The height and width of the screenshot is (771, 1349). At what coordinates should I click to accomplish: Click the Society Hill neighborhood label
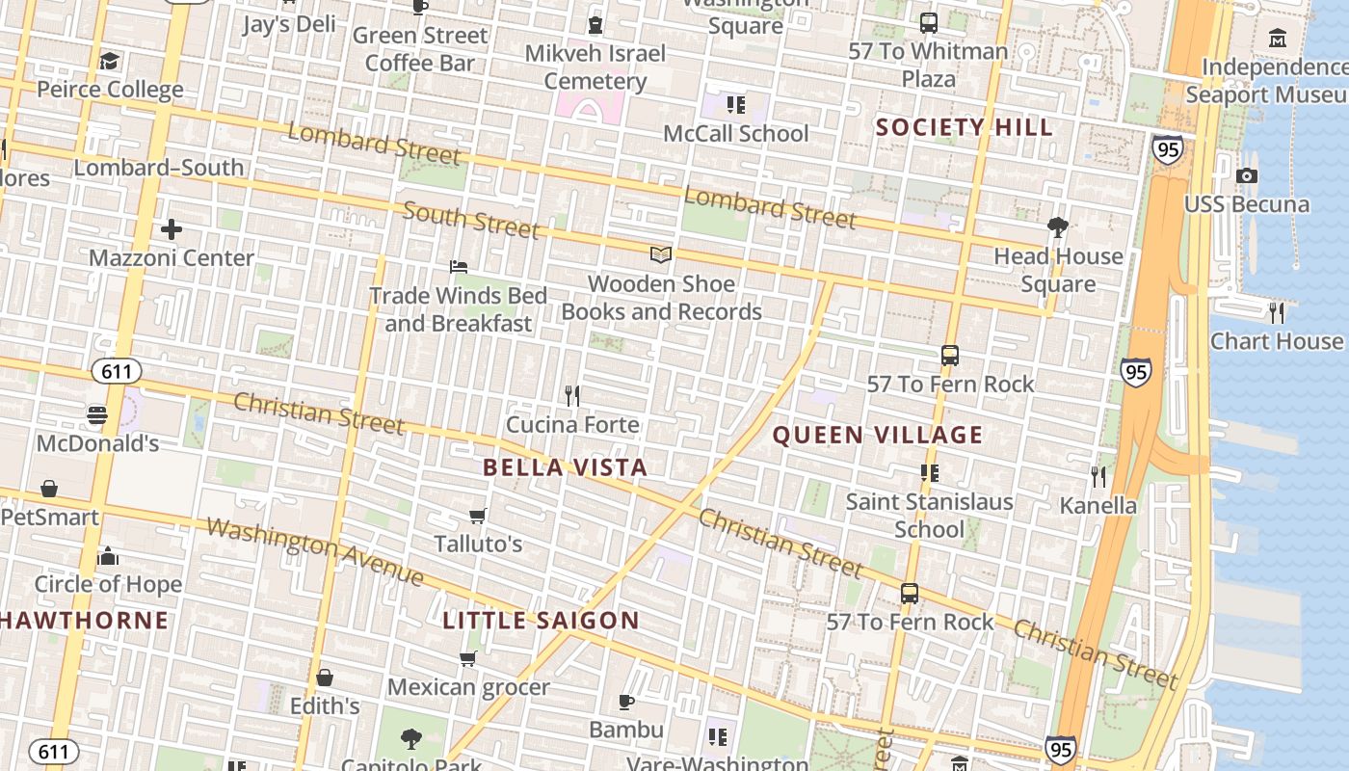[x=964, y=127]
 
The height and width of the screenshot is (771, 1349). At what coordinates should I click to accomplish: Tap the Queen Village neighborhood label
[x=878, y=435]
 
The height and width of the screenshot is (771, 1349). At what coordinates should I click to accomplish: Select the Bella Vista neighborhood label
[x=565, y=467]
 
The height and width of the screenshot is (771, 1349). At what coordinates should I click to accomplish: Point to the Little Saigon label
[x=541, y=620]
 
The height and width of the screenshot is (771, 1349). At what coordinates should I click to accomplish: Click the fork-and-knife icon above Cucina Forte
[x=572, y=395]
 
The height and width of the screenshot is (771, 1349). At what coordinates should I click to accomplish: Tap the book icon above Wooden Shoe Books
[x=661, y=254]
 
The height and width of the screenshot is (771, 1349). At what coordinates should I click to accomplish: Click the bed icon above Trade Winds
[x=459, y=266]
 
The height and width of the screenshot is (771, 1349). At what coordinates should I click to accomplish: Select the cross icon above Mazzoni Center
[x=172, y=229]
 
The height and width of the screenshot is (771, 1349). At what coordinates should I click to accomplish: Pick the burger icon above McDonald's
[x=97, y=414]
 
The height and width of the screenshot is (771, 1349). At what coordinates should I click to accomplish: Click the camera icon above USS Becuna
[x=1247, y=175]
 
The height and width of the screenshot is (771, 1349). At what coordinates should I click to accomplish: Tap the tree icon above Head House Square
[x=1058, y=227]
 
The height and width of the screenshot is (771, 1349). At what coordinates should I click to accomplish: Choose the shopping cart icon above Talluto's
[x=477, y=516]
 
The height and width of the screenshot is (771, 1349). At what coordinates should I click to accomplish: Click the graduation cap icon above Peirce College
[x=110, y=62]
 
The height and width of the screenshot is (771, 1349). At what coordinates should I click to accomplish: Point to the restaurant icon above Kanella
[x=1098, y=476]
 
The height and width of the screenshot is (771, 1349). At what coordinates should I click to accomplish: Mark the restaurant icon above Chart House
[x=1277, y=312]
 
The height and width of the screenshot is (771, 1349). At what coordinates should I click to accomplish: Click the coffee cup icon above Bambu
[x=626, y=702]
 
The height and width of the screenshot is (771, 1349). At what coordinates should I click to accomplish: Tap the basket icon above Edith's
[x=325, y=678]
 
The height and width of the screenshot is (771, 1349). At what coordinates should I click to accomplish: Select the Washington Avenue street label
[x=315, y=552]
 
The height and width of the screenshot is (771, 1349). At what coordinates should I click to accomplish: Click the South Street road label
[x=471, y=219]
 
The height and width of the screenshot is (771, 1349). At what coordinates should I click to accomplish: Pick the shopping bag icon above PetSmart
[x=49, y=489]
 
